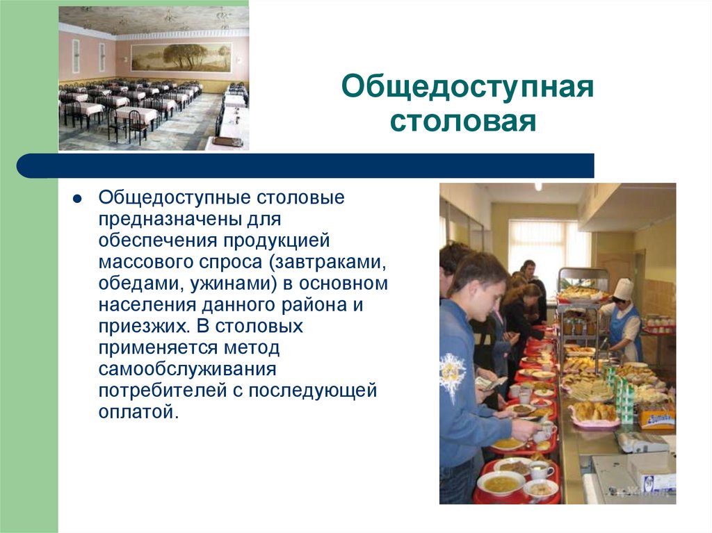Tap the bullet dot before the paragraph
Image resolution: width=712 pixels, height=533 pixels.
77,199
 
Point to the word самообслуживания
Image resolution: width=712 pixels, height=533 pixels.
188,369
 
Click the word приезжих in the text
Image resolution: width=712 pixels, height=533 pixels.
145,327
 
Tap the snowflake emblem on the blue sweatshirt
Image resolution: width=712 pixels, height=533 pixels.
452,375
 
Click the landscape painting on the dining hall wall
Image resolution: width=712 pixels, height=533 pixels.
181,57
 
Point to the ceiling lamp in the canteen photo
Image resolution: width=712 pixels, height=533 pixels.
538,187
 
